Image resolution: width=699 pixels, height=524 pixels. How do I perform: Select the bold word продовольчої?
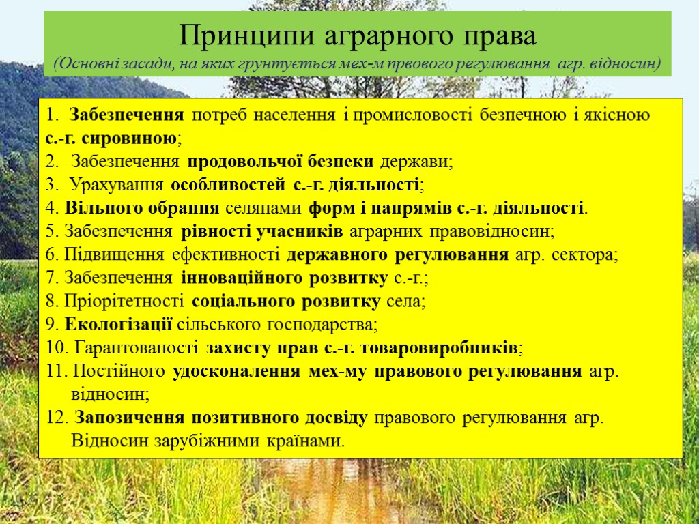235,162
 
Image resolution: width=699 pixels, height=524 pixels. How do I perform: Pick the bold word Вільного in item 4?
95,208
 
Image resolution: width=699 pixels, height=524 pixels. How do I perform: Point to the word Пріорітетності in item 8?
124,301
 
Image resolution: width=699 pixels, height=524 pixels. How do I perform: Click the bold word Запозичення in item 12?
130,418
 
